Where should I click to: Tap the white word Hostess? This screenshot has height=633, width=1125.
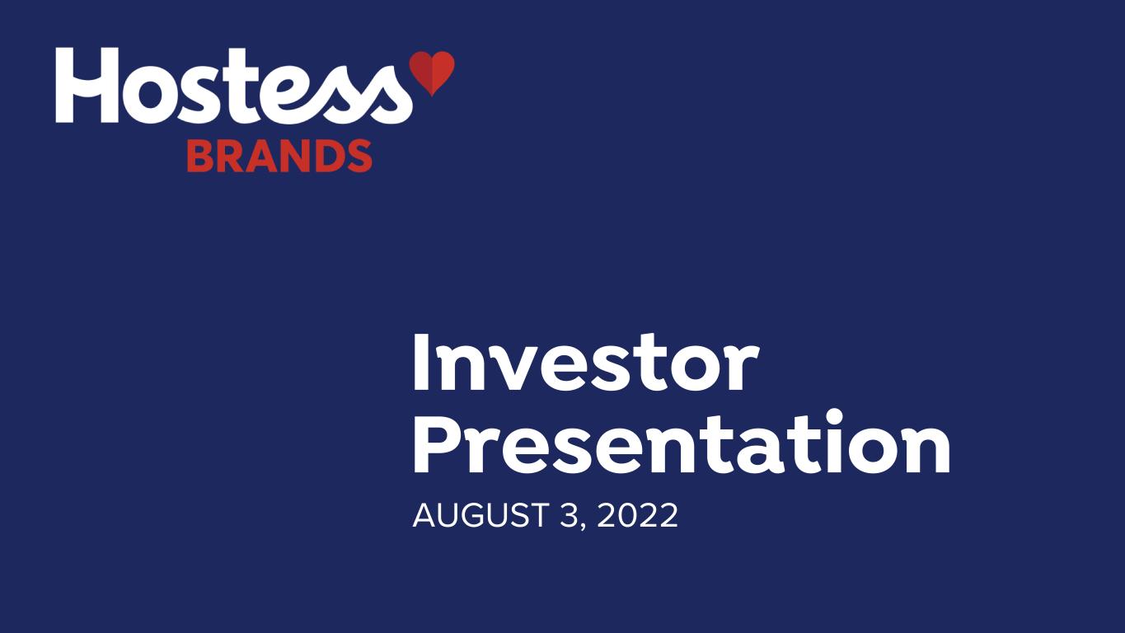point(234,86)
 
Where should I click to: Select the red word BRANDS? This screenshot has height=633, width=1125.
point(279,156)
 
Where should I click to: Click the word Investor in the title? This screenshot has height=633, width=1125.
point(585,363)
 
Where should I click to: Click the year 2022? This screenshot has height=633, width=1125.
point(637,515)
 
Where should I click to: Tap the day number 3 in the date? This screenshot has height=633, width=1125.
point(570,515)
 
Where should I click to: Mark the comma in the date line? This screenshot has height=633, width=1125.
point(584,527)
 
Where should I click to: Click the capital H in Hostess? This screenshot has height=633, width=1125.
point(87,85)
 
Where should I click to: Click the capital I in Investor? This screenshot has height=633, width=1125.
point(420,363)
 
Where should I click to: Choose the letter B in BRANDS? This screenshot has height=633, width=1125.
point(201,156)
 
